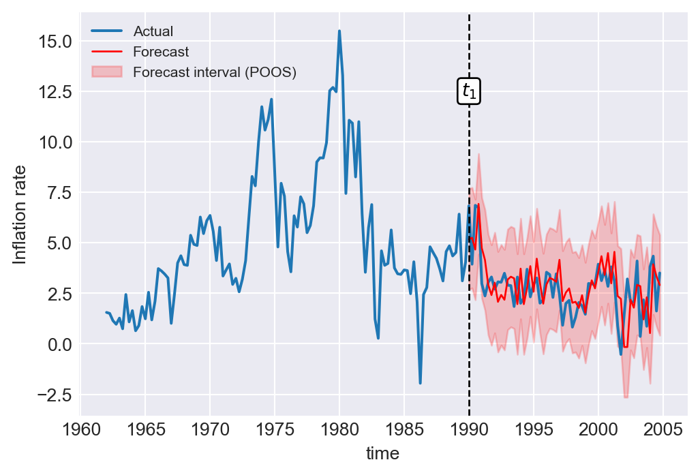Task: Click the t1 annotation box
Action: click(x=469, y=91)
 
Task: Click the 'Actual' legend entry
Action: click(x=153, y=31)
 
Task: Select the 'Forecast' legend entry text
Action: click(x=161, y=52)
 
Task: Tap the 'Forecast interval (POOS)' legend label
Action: click(x=215, y=72)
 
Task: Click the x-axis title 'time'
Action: click(x=382, y=453)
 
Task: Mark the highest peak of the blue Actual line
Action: click(x=339, y=31)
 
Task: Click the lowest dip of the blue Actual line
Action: click(x=420, y=383)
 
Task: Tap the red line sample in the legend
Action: click(x=107, y=52)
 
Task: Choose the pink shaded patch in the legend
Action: click(x=107, y=72)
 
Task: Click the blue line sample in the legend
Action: click(x=107, y=31)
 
